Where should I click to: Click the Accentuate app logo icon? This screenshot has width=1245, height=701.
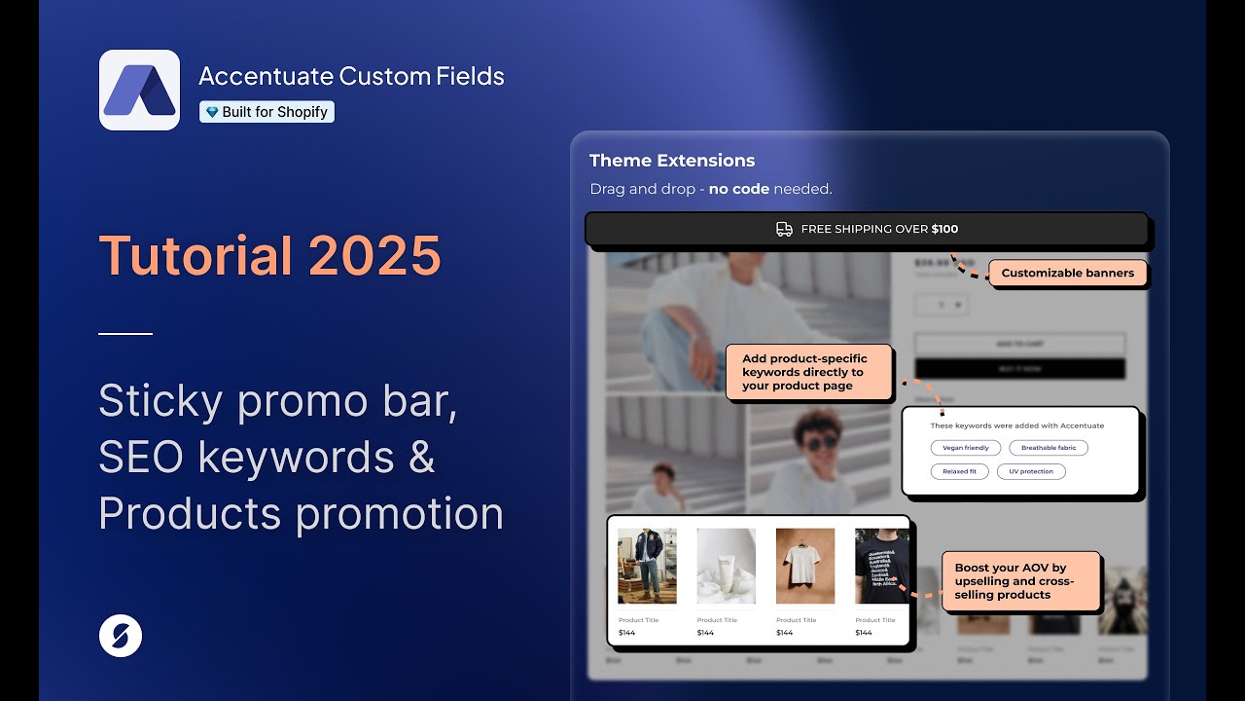point(139,90)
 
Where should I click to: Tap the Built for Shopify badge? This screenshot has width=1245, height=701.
point(267,112)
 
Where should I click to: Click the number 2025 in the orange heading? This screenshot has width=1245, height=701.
point(374,256)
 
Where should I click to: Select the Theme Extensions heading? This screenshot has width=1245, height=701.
point(672,161)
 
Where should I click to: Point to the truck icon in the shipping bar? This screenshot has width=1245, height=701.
point(784,230)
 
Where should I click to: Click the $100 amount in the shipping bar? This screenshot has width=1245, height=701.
point(944,230)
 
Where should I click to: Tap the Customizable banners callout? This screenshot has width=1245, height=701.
point(1067,274)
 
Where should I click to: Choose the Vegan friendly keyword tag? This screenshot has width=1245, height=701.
point(965,448)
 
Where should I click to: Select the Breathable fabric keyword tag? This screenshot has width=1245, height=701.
point(1048,448)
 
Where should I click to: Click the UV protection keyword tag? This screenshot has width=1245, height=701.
point(1030,471)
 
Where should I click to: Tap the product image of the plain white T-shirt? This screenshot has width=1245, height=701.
point(804,566)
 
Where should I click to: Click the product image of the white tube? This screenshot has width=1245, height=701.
point(726,566)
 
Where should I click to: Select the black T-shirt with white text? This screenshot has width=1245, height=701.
point(881,566)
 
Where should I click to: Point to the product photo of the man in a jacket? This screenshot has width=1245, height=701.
point(647,566)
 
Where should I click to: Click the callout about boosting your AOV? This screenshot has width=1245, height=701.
point(1020,581)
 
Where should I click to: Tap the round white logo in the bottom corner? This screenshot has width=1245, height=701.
point(121,636)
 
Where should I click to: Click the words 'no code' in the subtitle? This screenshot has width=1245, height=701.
point(738,189)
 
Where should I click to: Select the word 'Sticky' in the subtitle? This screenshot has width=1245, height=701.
point(160,401)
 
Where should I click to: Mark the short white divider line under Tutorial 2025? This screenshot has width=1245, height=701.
point(125,334)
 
